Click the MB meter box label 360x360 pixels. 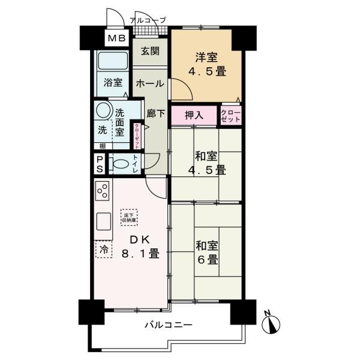pyautogui.click(x=116, y=39)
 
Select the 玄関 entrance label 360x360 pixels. pyautogui.click(x=150, y=52)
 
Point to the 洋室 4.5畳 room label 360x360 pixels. pyautogui.click(x=206, y=64)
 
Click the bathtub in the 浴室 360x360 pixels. pyautogui.click(x=112, y=62)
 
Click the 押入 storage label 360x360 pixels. pyautogui.click(x=193, y=115)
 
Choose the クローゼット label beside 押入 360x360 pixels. pyautogui.click(x=231, y=115)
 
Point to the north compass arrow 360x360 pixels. pyautogui.click(x=274, y=323)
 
